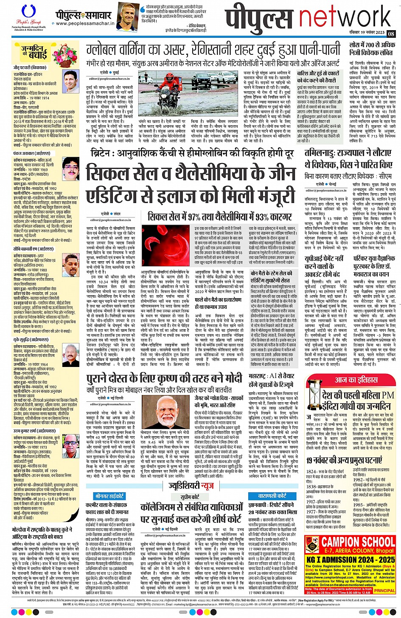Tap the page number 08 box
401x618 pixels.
pos(391,34)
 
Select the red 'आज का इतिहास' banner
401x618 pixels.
pos(355,380)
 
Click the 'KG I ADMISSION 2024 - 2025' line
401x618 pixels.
pos(351,560)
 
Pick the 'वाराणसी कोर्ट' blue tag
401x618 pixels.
pos(272,496)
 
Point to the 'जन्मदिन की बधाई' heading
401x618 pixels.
pos(36,51)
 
